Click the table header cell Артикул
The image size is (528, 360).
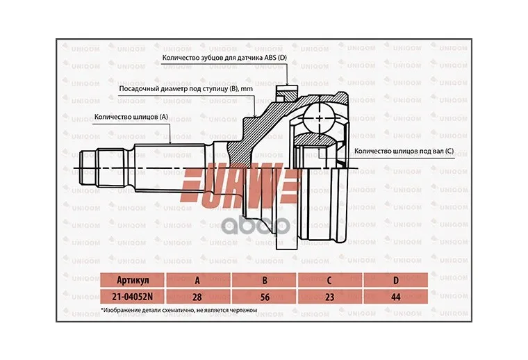coord(133,280)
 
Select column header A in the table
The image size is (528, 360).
coord(197,280)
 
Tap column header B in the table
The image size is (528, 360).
coord(265,280)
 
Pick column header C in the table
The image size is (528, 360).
coord(329,280)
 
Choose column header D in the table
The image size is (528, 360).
coord(396,280)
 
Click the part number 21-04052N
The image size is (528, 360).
coord(132,296)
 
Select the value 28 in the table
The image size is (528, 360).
coord(197,297)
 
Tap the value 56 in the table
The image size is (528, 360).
coord(265,297)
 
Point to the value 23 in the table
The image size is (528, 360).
coord(330,297)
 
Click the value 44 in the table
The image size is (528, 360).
coord(396,297)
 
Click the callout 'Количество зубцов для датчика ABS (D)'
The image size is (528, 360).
coord(224,58)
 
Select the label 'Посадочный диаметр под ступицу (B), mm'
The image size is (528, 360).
coord(186,89)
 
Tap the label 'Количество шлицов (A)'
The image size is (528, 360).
coord(131,117)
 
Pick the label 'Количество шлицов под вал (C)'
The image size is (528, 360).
coord(404,152)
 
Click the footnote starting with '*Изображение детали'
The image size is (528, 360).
coord(179,310)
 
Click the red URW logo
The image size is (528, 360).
coord(241,183)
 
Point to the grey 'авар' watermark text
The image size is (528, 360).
coord(256,227)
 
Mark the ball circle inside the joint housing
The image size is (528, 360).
coord(319,118)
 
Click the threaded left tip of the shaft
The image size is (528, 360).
coord(88,168)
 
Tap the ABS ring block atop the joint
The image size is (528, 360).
coord(287,92)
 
